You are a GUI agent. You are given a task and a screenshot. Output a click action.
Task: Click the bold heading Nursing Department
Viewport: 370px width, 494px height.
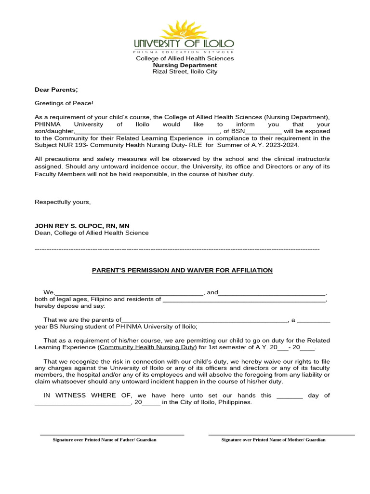185,65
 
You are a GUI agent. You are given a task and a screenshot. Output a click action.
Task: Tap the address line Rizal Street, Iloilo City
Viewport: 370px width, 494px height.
185,72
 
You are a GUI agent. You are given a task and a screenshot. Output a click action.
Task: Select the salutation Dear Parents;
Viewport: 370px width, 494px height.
56,90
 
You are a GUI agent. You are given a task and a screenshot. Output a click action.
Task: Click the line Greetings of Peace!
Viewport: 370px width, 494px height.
64,103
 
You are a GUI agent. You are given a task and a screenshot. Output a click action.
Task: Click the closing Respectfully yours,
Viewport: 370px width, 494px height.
63,202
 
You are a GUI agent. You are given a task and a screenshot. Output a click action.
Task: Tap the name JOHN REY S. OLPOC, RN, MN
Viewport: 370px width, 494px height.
82,226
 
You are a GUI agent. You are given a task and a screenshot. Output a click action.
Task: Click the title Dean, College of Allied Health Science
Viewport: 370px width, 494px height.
92,233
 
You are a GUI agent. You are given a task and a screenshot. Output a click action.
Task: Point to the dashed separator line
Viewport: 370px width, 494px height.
177,249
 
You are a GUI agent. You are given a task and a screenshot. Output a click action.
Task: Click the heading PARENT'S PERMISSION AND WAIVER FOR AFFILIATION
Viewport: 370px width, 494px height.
182,270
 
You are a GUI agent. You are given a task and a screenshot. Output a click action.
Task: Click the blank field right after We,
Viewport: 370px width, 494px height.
130,293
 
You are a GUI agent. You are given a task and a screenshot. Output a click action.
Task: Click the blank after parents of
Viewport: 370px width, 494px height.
204,320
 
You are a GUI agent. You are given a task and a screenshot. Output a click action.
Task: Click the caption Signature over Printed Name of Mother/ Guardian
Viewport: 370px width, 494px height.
273,440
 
